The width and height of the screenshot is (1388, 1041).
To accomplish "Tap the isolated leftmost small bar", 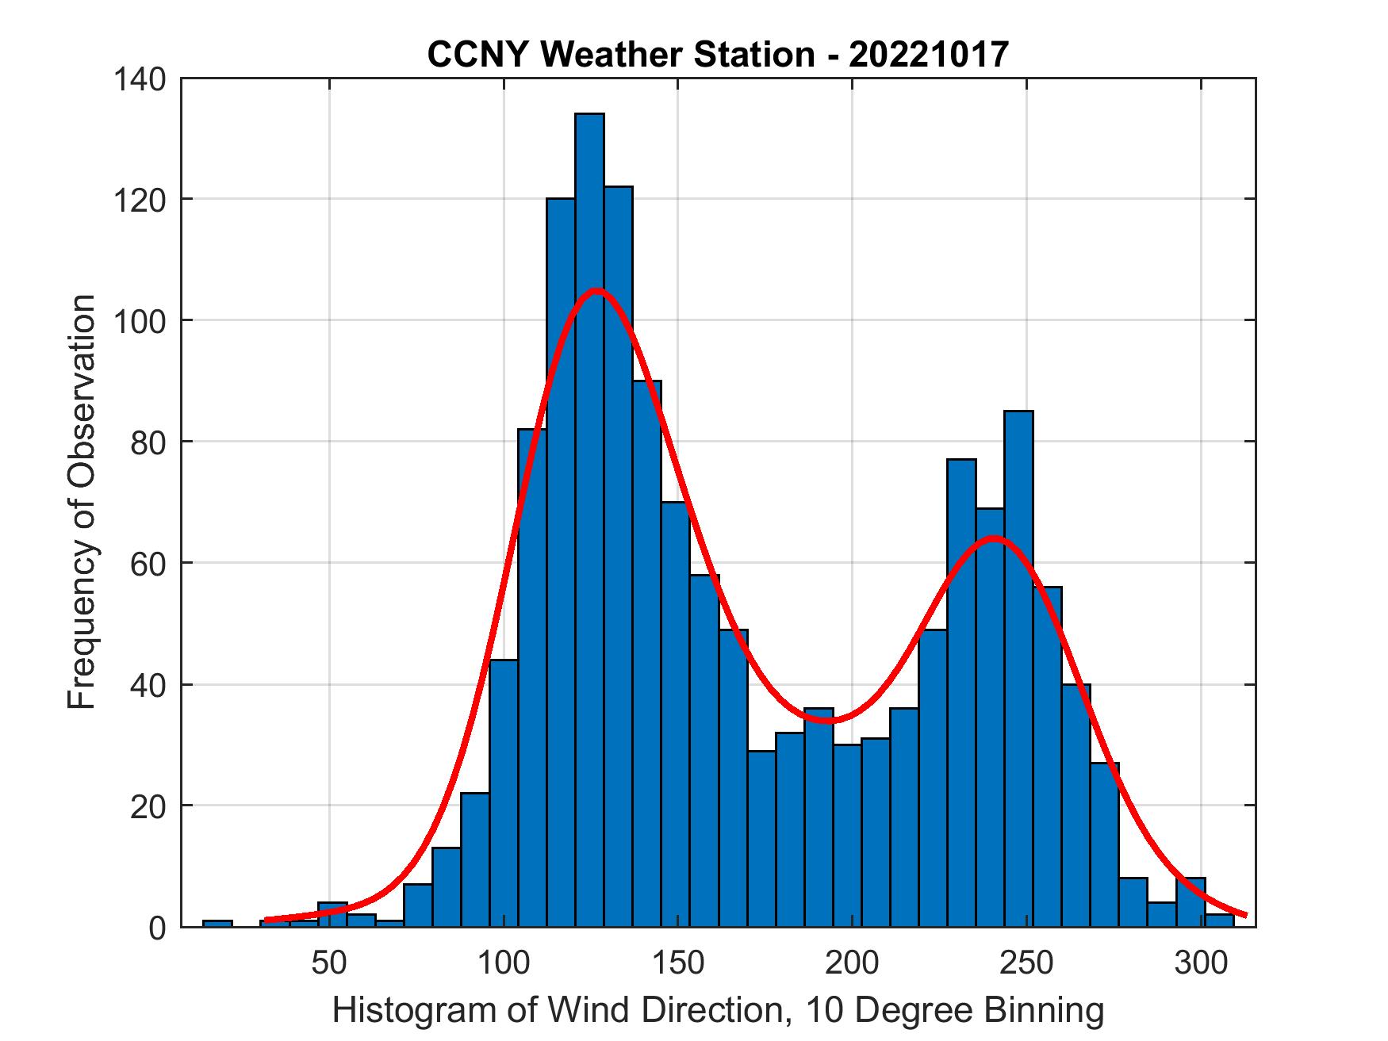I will pyautogui.click(x=217, y=923).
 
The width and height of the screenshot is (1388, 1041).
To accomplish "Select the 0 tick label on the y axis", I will pyautogui.click(x=156, y=928).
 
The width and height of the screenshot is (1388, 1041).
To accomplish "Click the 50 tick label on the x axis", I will pyautogui.click(x=329, y=963).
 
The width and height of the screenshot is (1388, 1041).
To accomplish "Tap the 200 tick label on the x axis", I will pyautogui.click(x=853, y=963).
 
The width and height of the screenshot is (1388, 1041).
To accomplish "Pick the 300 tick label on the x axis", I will pyautogui.click(x=1201, y=963).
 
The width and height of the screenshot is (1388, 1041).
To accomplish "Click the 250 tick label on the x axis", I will pyautogui.click(x=1027, y=963).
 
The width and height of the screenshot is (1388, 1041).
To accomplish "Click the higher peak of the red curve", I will pyautogui.click(x=596, y=290).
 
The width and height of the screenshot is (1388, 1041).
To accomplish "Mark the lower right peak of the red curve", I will pyautogui.click(x=993, y=538).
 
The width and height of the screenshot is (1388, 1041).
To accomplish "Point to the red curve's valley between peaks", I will pyautogui.click(x=827, y=721).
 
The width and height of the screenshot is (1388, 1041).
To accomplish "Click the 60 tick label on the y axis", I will pyautogui.click(x=148, y=564).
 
